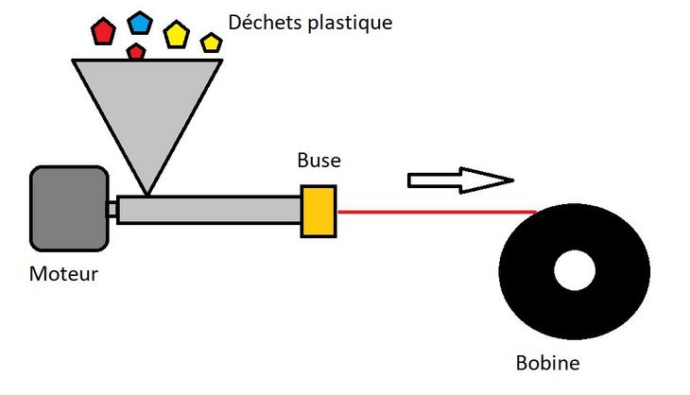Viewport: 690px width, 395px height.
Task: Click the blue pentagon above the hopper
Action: click(x=140, y=24)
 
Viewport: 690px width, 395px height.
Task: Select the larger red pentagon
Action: click(x=103, y=31)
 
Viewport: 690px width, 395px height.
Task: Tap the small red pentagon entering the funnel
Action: click(x=136, y=52)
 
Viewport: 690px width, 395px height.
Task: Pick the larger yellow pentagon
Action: click(x=177, y=35)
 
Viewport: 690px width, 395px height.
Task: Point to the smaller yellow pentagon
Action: click(x=211, y=43)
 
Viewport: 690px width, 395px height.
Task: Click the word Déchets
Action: click(x=266, y=23)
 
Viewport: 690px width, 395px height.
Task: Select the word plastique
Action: click(x=350, y=24)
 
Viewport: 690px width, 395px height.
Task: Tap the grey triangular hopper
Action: click(x=147, y=110)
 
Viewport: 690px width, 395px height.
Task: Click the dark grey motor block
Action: click(x=69, y=209)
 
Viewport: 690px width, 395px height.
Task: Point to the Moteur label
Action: click(x=64, y=274)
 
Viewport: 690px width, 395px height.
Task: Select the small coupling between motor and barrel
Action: click(x=112, y=210)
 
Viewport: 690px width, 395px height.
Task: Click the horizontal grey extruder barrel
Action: click(x=209, y=210)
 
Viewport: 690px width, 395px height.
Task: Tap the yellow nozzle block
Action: click(x=319, y=212)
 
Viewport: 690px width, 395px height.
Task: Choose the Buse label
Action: click(x=319, y=160)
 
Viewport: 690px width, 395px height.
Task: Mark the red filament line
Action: click(x=437, y=212)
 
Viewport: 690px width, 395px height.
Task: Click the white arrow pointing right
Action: click(x=460, y=180)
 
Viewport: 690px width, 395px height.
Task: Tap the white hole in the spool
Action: click(x=575, y=270)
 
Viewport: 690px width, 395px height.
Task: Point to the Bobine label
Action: click(x=548, y=363)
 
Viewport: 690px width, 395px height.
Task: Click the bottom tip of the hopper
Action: click(x=147, y=195)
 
